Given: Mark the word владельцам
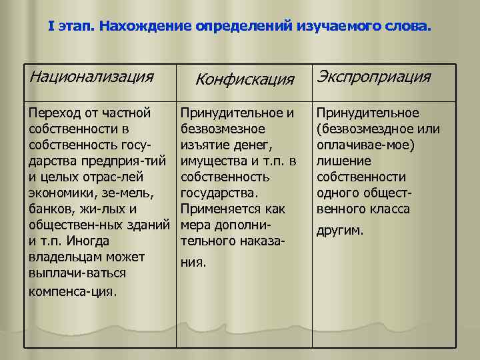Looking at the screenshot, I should (65, 257).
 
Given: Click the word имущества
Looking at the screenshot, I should (211, 160).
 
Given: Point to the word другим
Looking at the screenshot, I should (340, 230).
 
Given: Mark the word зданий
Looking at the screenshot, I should (150, 225).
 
